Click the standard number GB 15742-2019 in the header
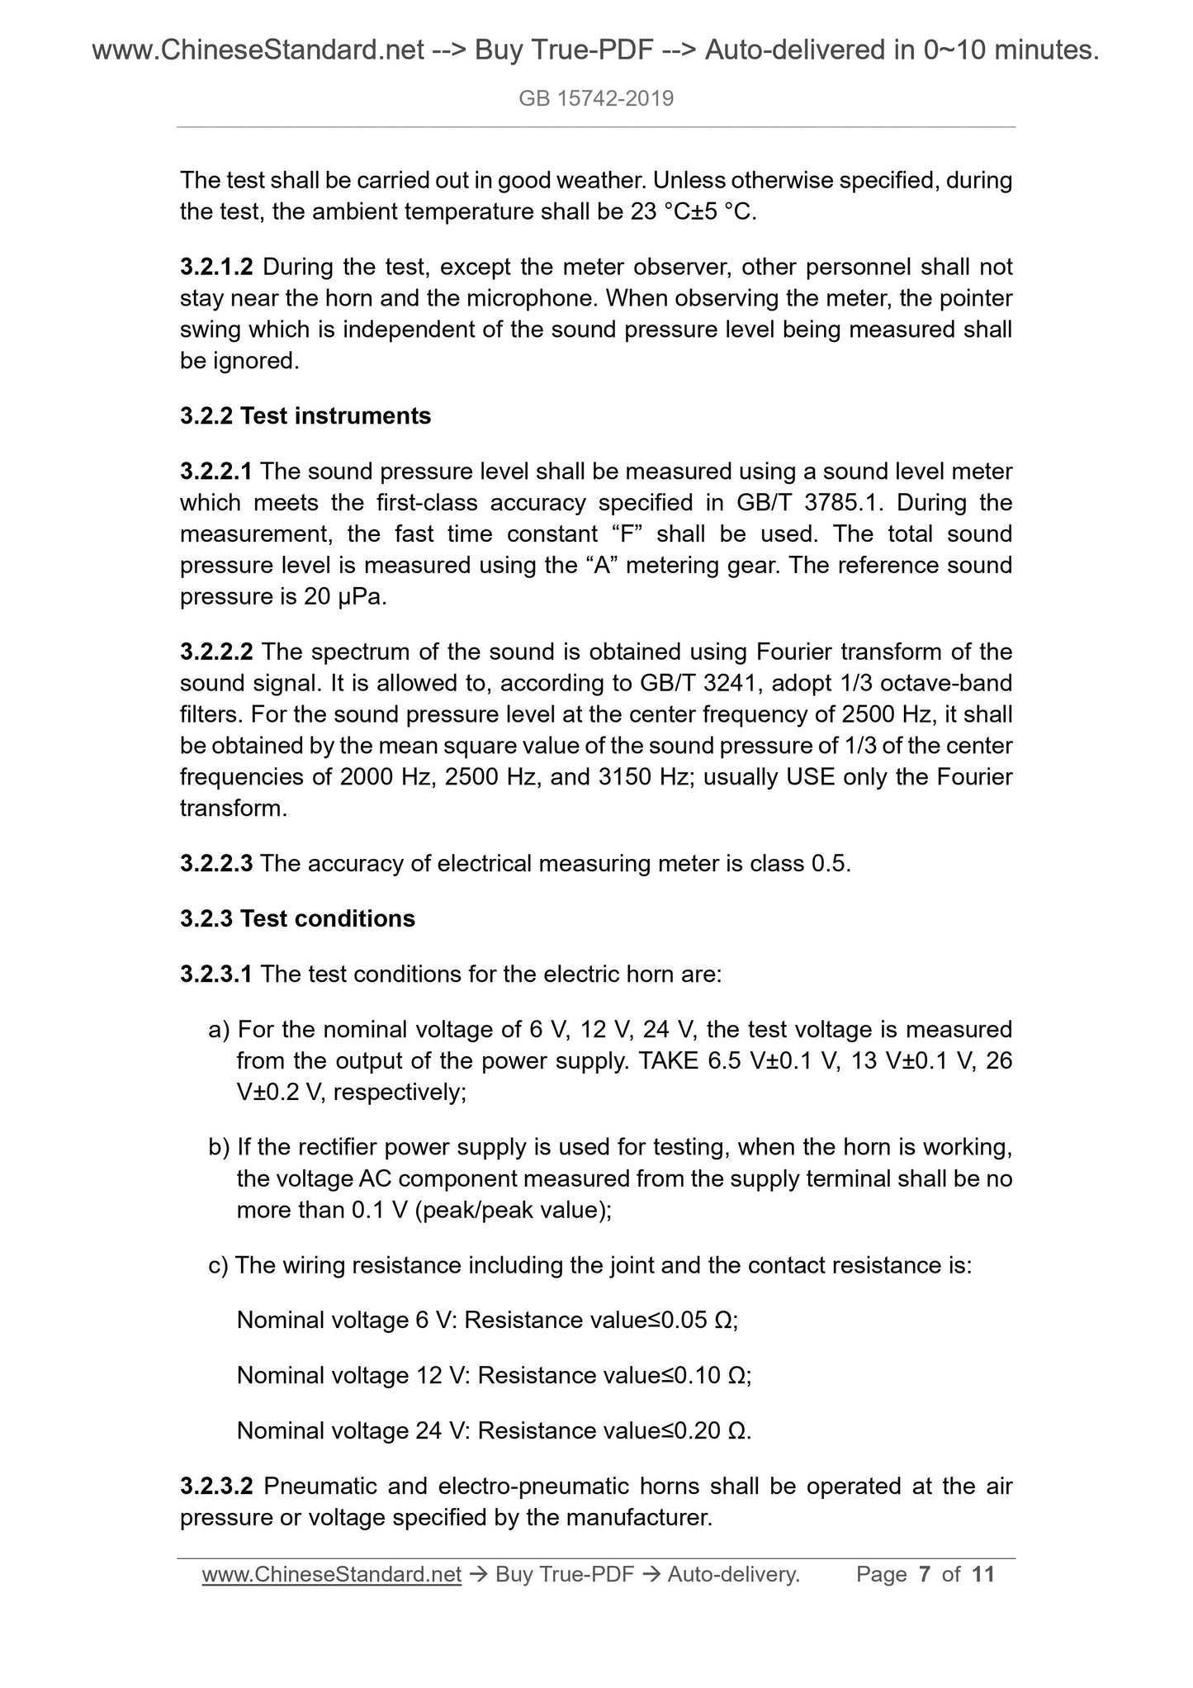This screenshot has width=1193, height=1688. coord(596,99)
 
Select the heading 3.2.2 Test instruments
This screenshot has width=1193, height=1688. coord(305,415)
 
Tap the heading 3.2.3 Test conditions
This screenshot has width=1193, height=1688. coord(297,918)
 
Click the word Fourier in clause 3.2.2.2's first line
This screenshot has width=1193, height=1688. coord(792,652)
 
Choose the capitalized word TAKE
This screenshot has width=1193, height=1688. coord(669,1060)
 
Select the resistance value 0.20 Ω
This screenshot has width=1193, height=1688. coord(711,1430)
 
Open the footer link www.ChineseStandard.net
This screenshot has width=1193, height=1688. coord(331,1575)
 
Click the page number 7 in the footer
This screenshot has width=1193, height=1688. coord(925,1575)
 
